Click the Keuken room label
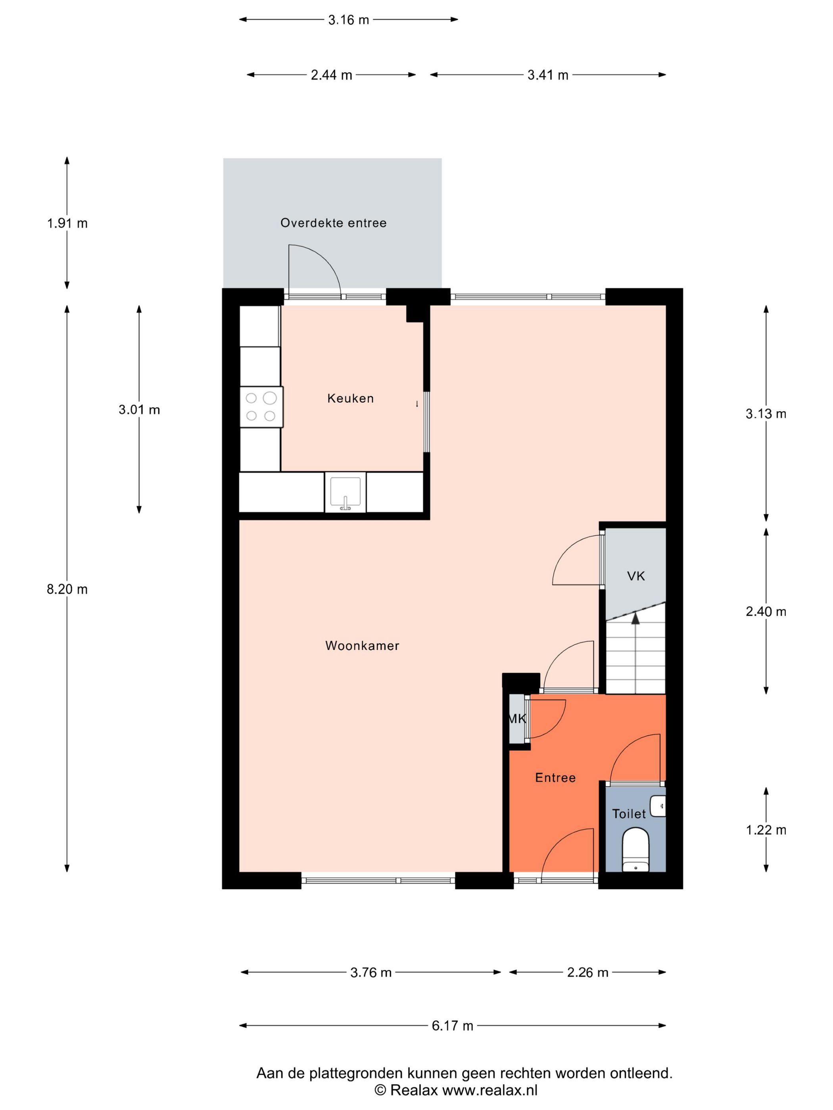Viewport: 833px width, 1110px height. pyautogui.click(x=350, y=398)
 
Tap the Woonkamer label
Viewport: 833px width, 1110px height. pyautogui.click(x=362, y=646)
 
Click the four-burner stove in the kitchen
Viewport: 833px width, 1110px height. pyautogui.click(x=261, y=407)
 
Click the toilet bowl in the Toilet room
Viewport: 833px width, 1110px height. pyautogui.click(x=635, y=850)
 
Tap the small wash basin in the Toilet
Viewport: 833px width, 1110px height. pyautogui.click(x=658, y=806)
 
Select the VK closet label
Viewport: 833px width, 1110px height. pyautogui.click(x=636, y=576)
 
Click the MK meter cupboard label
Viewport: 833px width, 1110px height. pyautogui.click(x=517, y=719)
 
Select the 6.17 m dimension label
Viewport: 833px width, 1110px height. pyautogui.click(x=452, y=1026)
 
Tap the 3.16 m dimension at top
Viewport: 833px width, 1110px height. pyautogui.click(x=348, y=20)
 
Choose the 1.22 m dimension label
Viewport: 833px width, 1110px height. pyautogui.click(x=766, y=830)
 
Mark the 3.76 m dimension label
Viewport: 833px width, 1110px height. pyautogui.click(x=370, y=972)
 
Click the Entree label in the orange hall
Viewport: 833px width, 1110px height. pyautogui.click(x=555, y=778)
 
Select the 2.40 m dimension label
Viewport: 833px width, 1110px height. pyautogui.click(x=766, y=611)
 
